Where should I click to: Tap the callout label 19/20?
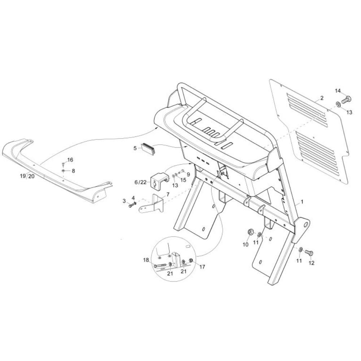27,176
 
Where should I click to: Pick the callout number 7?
168,195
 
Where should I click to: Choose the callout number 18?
146,260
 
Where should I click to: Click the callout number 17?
202,267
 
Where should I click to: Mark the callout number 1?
302,202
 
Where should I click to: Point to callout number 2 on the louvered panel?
322,98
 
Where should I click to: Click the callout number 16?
70,160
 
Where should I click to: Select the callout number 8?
73,171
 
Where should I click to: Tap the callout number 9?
188,174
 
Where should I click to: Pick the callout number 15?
183,180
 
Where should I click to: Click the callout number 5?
135,148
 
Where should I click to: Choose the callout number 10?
245,244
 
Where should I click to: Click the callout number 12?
311,263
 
